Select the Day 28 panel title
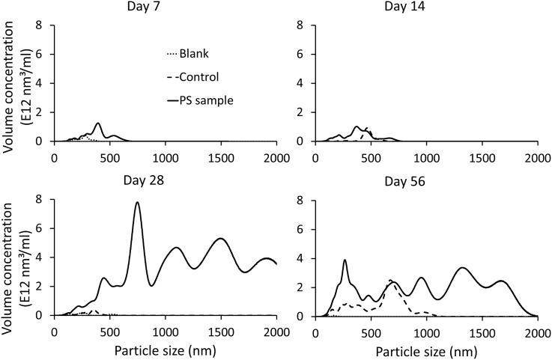click(165, 182)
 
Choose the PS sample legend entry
click(204, 98)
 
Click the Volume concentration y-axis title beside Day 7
click(17, 82)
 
